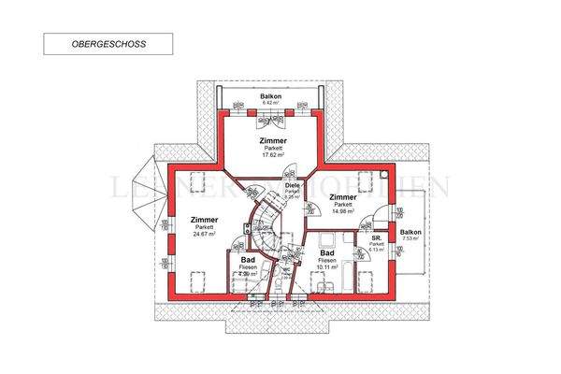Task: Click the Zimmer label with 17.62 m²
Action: [273, 140]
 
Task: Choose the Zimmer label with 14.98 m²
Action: [343, 197]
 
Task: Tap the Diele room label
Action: [292, 186]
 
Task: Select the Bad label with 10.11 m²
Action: [327, 253]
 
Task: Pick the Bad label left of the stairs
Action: [249, 259]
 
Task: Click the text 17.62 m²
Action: [273, 155]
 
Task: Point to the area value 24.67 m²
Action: [204, 235]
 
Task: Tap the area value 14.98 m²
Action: [343, 212]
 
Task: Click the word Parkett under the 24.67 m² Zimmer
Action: [204, 227]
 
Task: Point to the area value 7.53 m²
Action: [410, 238]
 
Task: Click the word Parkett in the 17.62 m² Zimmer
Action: [273, 148]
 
